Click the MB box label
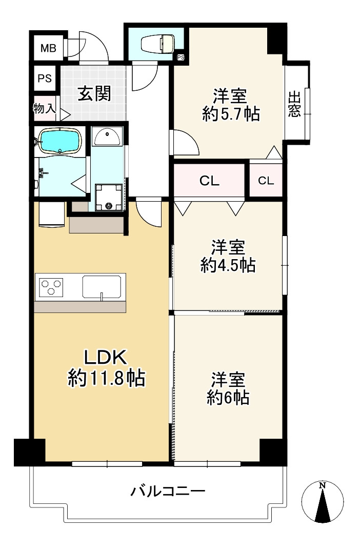click(48, 49)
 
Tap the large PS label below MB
click(44, 79)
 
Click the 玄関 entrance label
click(94, 93)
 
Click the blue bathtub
click(60, 141)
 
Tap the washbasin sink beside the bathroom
click(107, 136)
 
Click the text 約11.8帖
click(106, 379)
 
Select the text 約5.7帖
click(230, 114)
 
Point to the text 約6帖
click(228, 397)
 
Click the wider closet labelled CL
click(209, 181)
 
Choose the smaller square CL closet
click(266, 180)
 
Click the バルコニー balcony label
click(168, 492)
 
